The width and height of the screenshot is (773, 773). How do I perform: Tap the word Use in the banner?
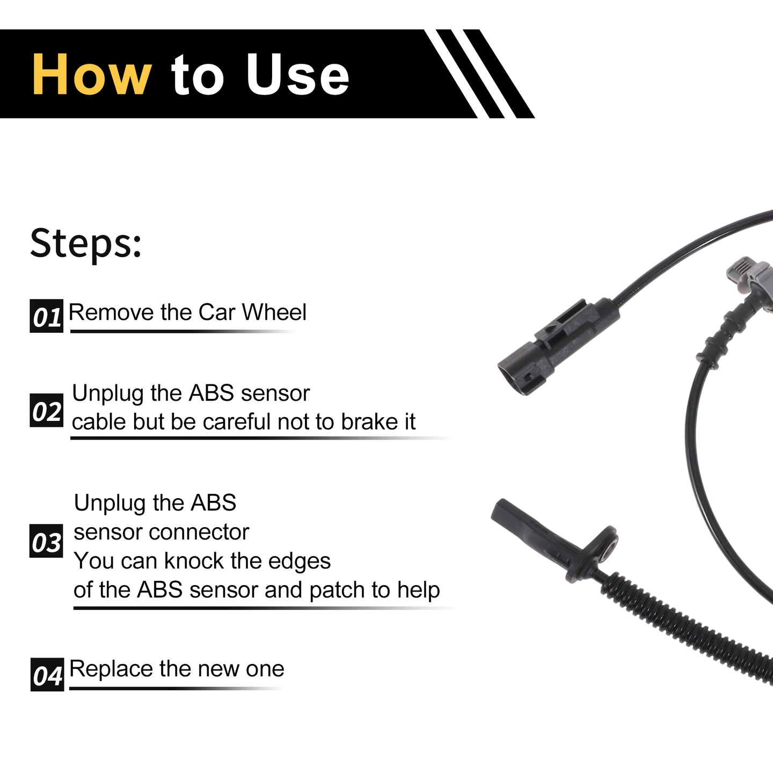point(297,75)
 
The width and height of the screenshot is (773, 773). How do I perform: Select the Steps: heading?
point(86,244)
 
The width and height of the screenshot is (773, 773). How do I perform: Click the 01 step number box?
point(47,316)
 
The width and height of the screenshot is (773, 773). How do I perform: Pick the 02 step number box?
point(47,410)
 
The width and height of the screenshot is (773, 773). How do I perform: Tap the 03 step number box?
point(46,541)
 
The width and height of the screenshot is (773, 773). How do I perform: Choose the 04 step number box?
point(47,674)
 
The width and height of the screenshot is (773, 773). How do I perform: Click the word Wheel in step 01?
point(274,312)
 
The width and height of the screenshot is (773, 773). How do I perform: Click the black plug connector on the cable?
point(558,347)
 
